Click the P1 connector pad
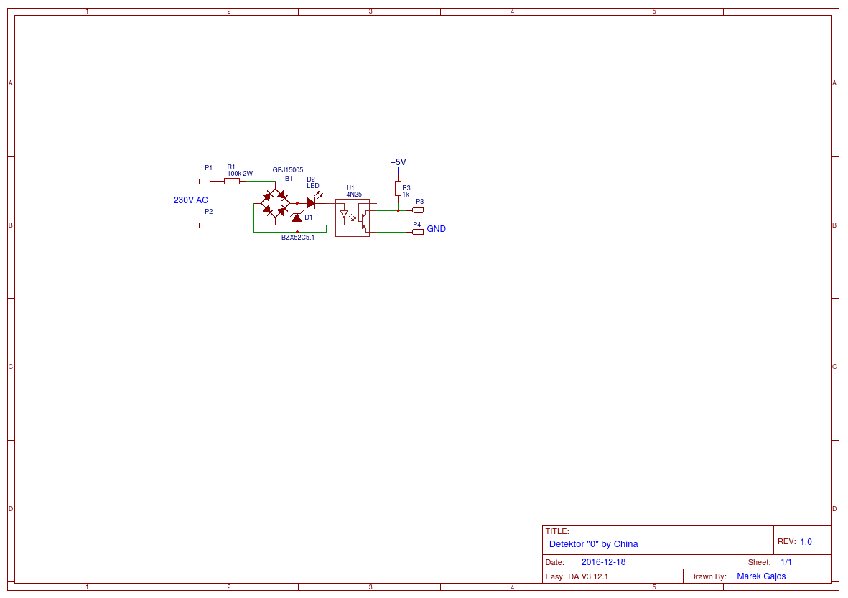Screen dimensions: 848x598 [205, 182]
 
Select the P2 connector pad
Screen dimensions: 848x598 [205, 225]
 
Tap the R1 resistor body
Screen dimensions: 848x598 [232, 182]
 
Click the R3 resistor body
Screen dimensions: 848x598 [398, 188]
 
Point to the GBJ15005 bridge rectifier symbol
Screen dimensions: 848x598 [275, 203]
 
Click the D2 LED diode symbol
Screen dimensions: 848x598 [311, 203]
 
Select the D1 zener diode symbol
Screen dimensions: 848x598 [297, 217]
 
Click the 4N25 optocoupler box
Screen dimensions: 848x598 [353, 218]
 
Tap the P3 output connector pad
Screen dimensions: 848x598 [418, 210]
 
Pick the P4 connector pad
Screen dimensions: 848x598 [418, 233]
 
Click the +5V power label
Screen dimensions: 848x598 [398, 162]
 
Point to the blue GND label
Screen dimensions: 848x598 [437, 229]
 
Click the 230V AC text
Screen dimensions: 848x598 [191, 200]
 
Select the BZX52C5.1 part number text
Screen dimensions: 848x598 [298, 238]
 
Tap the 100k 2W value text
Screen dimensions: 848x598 [240, 174]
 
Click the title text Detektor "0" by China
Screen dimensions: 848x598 [593, 544]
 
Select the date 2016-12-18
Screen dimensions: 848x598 [603, 562]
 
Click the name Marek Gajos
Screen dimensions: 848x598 [761, 576]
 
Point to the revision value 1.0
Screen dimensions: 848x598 [806, 542]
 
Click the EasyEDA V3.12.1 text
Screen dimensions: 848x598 [577, 576]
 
